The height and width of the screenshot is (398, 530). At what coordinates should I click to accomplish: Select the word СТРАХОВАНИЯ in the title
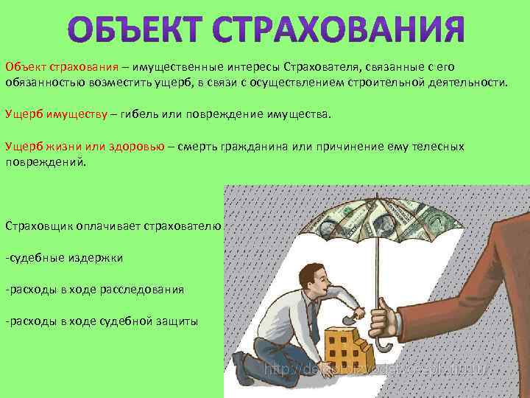[x=339, y=30]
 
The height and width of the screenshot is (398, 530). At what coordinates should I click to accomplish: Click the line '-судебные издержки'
[x=64, y=257]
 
